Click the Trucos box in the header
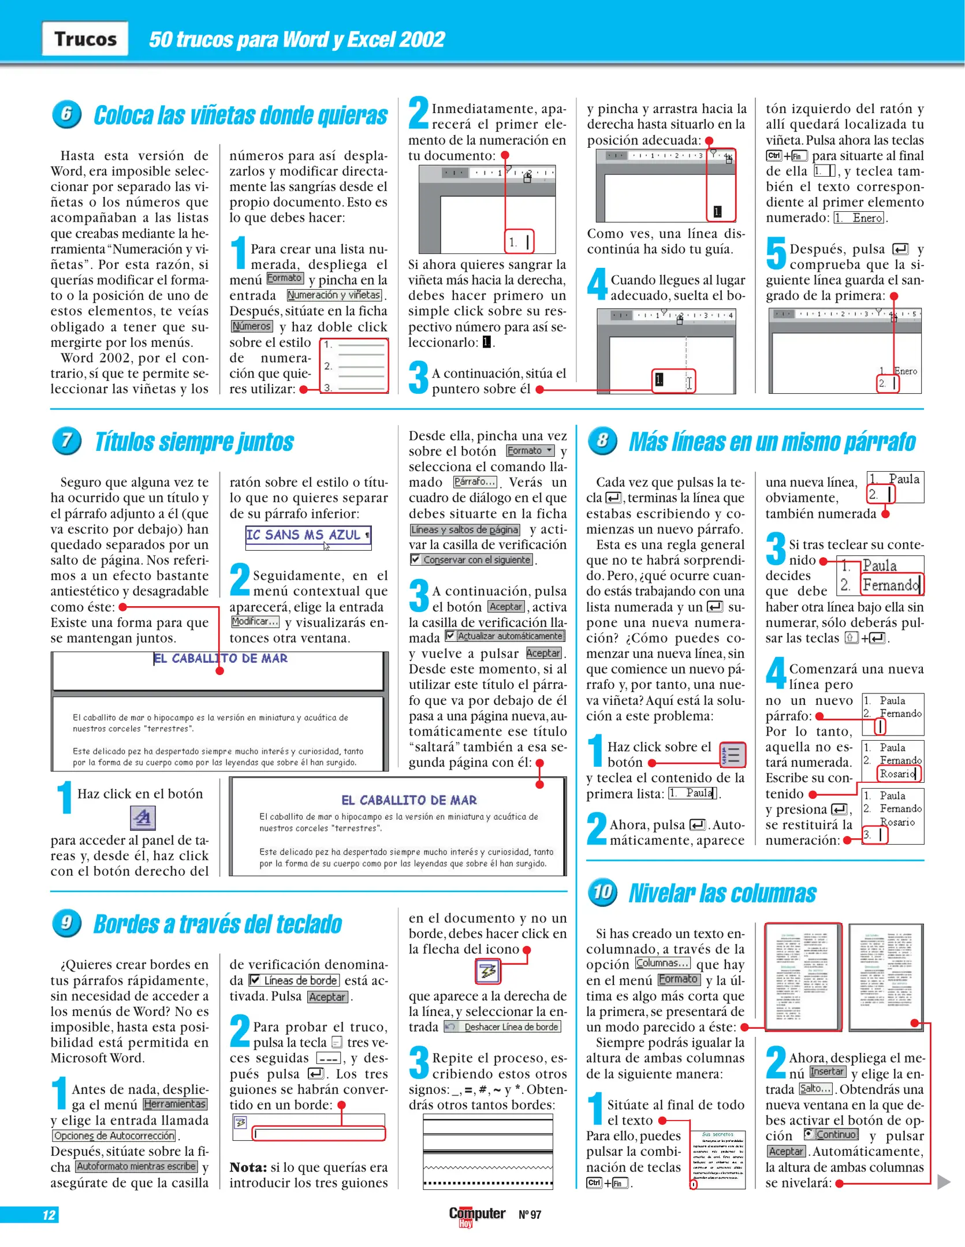[x=85, y=39]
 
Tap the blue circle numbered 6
[x=66, y=114]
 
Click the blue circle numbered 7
[x=66, y=441]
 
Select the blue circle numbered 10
[x=602, y=892]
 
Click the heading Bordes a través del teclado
[x=218, y=924]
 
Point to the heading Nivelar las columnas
[x=722, y=893]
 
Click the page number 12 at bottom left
[x=49, y=1215]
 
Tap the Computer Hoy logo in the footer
[x=476, y=1215]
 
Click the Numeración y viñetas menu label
[x=334, y=295]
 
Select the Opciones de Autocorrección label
[x=114, y=1136]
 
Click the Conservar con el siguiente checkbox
[x=415, y=559]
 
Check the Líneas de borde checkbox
[x=255, y=980]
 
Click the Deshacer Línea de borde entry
[x=502, y=1027]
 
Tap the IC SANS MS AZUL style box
[x=308, y=535]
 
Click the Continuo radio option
[x=810, y=1134]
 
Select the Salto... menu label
[x=815, y=1089]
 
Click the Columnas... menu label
[x=662, y=963]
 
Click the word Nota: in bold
[x=248, y=1167]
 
